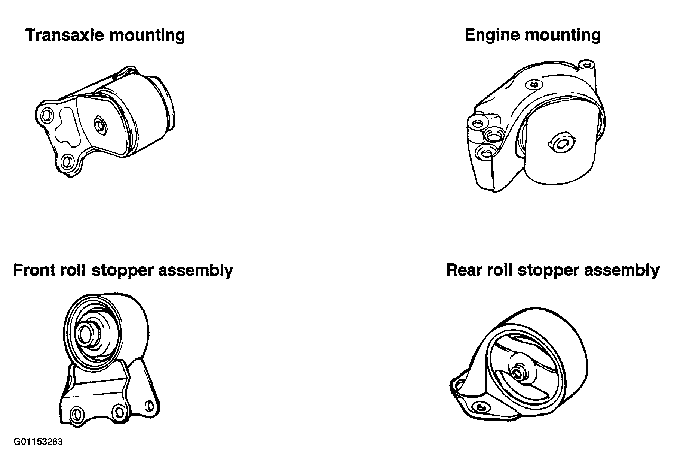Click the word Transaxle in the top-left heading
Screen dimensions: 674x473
pyautogui.click(x=64, y=35)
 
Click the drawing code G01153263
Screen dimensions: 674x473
pyautogui.click(x=38, y=442)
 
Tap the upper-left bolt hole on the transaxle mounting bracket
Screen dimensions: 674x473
pyautogui.click(x=46, y=115)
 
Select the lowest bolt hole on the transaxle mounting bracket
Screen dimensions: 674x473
pyautogui.click(x=67, y=162)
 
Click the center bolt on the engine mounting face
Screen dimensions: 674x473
pyautogui.click(x=561, y=143)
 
